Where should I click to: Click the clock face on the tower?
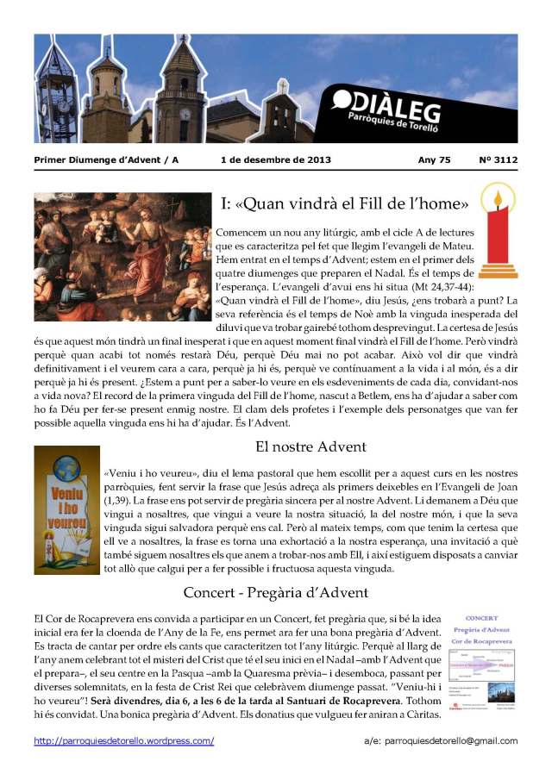click(x=185, y=114)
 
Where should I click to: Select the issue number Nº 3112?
click(x=498, y=160)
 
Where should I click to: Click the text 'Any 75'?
click(x=434, y=160)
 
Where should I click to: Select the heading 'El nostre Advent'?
click(x=311, y=446)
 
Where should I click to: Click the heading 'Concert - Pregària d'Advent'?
click(x=276, y=592)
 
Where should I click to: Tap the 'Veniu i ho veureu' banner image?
click(x=66, y=510)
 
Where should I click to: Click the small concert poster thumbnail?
click(x=481, y=664)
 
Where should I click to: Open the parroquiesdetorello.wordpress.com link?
click(x=124, y=741)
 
